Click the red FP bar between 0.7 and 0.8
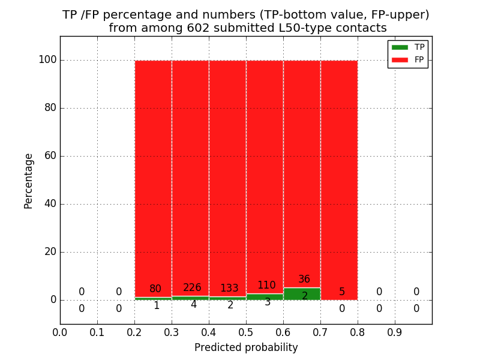pos(339,180)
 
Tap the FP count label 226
pos(192,288)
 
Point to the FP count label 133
pos(229,289)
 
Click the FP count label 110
pos(266,286)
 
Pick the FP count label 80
pos(155,289)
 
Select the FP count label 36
pos(304,280)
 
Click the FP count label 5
pos(342,292)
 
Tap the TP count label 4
pos(193,305)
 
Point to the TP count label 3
pos(268,302)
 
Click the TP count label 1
pos(156,306)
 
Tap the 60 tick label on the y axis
pos(50,156)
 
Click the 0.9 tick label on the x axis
pos(395,331)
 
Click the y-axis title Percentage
pos(28,181)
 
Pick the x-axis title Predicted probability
pos(246,347)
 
